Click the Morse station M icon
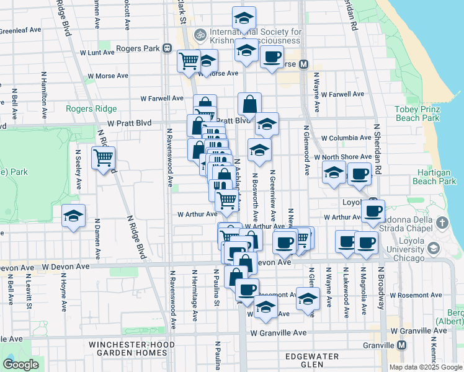[304, 64]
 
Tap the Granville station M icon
[402, 345]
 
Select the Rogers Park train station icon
[167, 48]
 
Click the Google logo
[20, 365]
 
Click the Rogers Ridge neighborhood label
[91, 109]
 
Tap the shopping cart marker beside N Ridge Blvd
[103, 157]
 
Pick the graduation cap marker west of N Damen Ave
[74, 217]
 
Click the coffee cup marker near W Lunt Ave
[271, 58]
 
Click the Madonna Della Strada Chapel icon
[442, 223]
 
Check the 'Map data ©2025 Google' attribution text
[425, 367]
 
